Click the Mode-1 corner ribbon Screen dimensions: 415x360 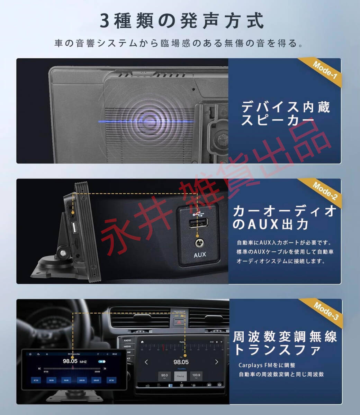324,70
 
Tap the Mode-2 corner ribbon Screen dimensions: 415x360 324,191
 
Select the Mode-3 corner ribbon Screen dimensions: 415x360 325,311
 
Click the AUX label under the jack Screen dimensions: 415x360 200,255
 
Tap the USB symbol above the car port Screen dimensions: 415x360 198,213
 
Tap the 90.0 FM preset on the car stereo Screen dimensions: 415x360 164,376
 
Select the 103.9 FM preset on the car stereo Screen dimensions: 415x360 196,376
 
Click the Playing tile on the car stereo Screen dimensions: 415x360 180,376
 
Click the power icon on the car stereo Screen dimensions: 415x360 219,385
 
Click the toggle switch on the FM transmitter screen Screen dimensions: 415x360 102,361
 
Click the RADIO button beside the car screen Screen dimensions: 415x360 127,340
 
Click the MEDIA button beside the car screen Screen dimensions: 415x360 127,346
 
